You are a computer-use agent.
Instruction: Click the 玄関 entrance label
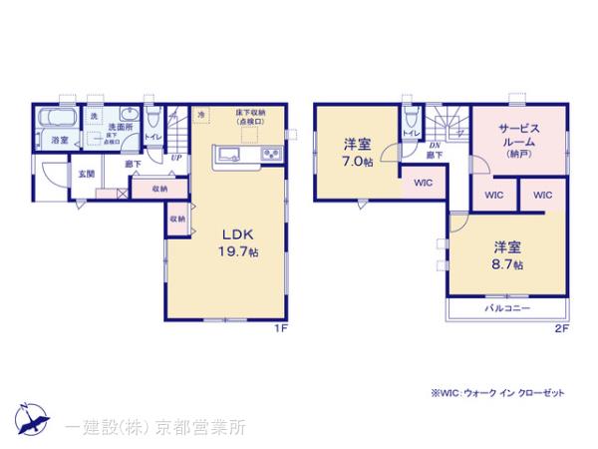(x=87, y=174)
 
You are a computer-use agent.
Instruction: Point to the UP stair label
(x=175, y=158)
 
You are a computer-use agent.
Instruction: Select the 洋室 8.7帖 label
(x=506, y=253)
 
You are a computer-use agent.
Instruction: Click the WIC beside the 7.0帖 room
(x=423, y=183)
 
